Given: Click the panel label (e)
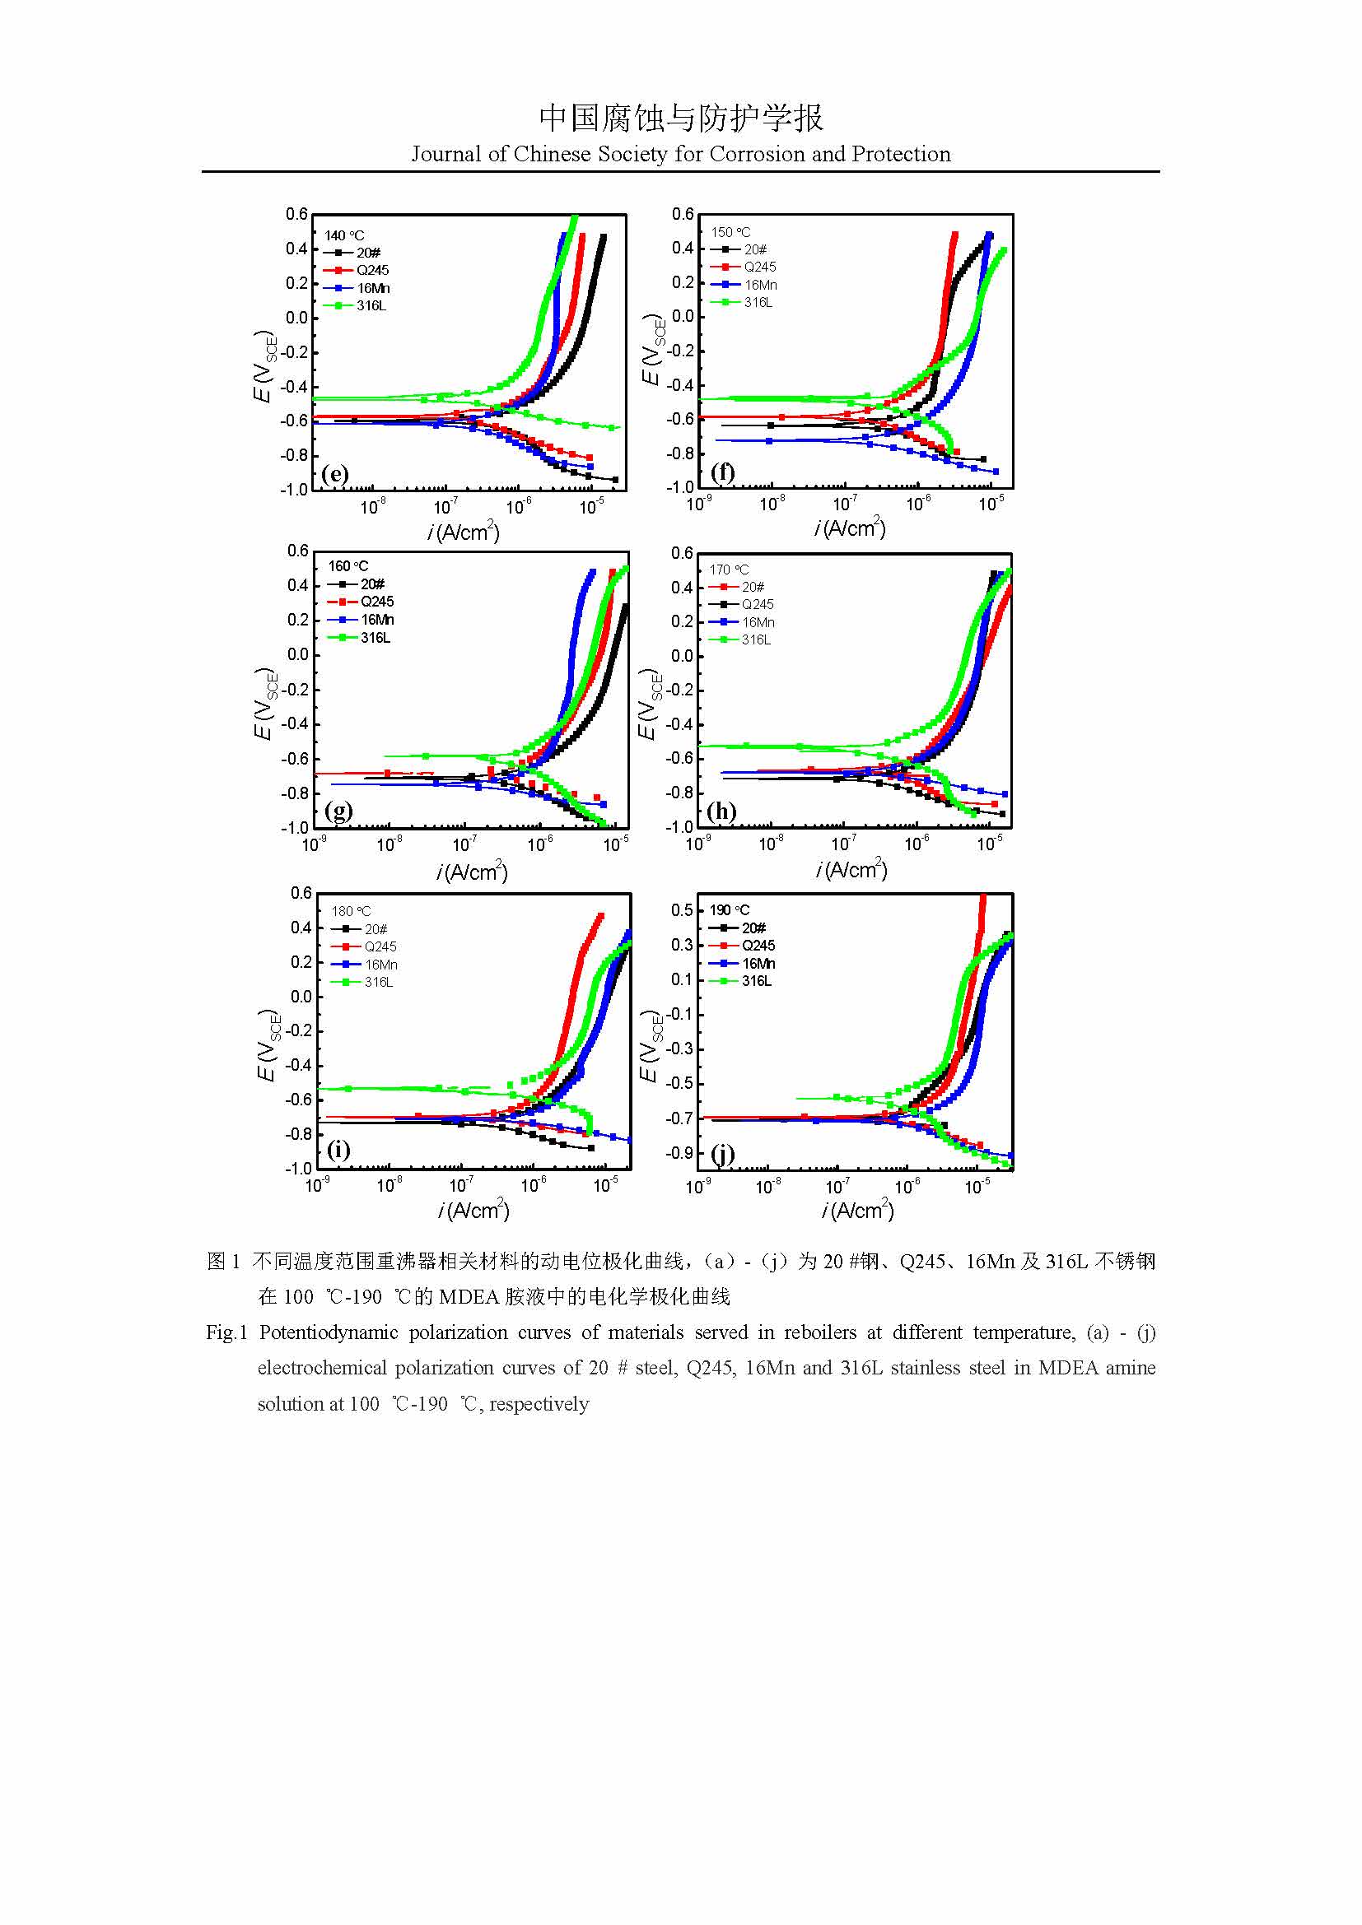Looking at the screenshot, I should [334, 474].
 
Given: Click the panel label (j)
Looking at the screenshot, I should [723, 1154].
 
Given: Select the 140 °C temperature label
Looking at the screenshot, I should [345, 235].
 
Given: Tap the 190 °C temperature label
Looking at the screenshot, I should [730, 909].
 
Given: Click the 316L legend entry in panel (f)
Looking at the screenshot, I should [758, 302].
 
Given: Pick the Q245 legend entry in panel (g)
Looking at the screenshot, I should [376, 601].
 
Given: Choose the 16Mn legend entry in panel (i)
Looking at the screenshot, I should [380, 965].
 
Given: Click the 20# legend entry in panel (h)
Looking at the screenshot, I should [753, 587].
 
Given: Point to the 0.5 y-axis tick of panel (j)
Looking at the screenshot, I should [682, 909].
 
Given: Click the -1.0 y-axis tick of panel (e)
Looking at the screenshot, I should [294, 490].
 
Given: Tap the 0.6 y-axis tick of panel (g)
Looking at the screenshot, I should [298, 551].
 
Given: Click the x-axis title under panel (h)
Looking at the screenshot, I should [851, 869].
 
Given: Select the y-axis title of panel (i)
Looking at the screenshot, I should [266, 1044].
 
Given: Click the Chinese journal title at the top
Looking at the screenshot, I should [681, 119].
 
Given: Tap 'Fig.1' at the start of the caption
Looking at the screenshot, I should [226, 1332].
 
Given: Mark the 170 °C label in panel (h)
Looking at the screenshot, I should [729, 570].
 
